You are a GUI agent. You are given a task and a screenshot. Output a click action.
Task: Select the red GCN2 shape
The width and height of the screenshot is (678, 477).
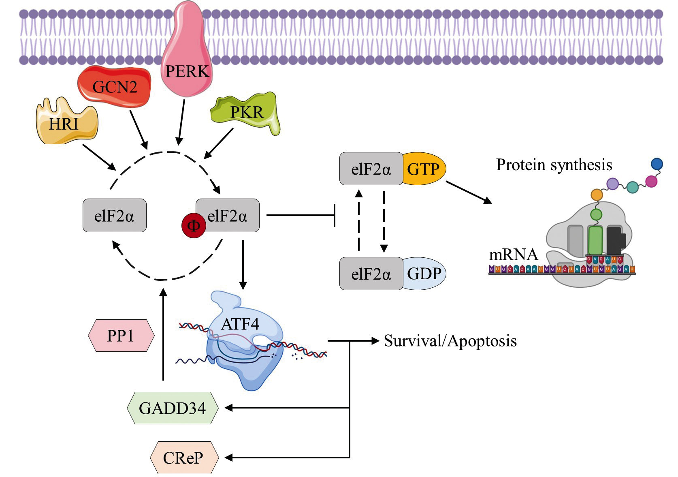coord(115,86)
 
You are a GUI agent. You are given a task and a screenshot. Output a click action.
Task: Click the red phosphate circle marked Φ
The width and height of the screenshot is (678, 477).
coord(194,226)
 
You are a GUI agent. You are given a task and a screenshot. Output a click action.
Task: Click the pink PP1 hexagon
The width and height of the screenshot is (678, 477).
coord(121,336)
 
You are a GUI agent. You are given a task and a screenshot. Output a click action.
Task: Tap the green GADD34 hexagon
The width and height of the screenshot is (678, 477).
coord(173,408)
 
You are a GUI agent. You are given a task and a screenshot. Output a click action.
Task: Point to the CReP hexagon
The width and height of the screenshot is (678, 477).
coord(183,458)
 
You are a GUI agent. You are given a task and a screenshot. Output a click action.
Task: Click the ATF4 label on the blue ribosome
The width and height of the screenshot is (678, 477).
coord(240,324)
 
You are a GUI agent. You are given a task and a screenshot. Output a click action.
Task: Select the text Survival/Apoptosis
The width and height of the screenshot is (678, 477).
coord(450,341)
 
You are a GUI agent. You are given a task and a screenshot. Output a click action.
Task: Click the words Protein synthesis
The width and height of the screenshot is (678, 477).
coord(554,165)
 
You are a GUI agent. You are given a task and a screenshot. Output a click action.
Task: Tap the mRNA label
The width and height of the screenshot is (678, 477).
coord(513,255)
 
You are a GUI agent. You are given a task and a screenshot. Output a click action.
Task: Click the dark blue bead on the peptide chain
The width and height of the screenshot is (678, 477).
coord(657,164)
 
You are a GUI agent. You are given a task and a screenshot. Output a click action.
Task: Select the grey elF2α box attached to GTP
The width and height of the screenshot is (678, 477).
coord(371,169)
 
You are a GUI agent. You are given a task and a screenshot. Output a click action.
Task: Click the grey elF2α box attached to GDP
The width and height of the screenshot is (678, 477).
coord(371,274)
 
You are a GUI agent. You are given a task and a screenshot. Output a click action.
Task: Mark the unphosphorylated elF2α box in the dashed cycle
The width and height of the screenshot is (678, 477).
coord(114,216)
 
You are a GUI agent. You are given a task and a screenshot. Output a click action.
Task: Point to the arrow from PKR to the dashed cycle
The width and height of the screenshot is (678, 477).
coord(219,143)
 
